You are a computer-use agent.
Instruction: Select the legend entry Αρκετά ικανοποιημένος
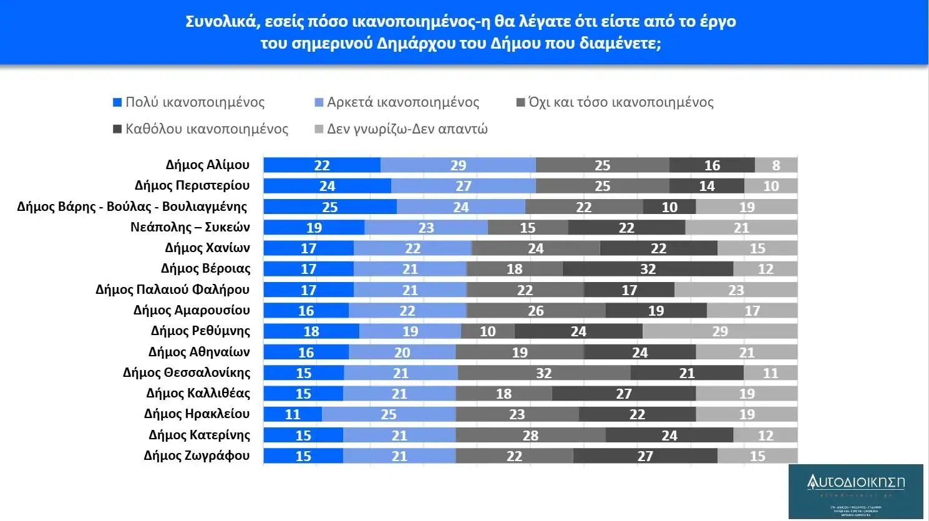[402, 102]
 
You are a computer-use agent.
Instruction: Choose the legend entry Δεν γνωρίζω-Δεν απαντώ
[407, 129]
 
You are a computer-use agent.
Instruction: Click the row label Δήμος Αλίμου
[207, 165]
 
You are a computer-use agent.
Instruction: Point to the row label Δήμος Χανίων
[207, 248]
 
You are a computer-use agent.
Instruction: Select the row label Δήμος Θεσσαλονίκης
[187, 372]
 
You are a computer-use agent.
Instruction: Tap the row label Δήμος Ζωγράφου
[197, 455]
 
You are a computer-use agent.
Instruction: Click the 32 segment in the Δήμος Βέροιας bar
[648, 269]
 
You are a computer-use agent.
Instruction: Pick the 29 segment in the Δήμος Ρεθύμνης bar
[720, 331]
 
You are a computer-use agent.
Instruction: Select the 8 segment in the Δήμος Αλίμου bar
[776, 165]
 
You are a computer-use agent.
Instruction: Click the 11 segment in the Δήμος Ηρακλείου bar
[293, 414]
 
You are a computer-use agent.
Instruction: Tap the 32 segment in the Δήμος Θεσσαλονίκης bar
[544, 373]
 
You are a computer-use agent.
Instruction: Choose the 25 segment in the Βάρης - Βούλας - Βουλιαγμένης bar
[329, 207]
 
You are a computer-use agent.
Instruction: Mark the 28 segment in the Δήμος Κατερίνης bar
[530, 436]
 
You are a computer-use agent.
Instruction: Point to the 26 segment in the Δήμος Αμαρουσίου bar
[536, 311]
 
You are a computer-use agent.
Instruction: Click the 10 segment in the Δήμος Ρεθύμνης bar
[487, 331]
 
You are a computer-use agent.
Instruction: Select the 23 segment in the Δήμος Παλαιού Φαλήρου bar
[736, 290]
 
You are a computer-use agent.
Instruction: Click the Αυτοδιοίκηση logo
[855, 491]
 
